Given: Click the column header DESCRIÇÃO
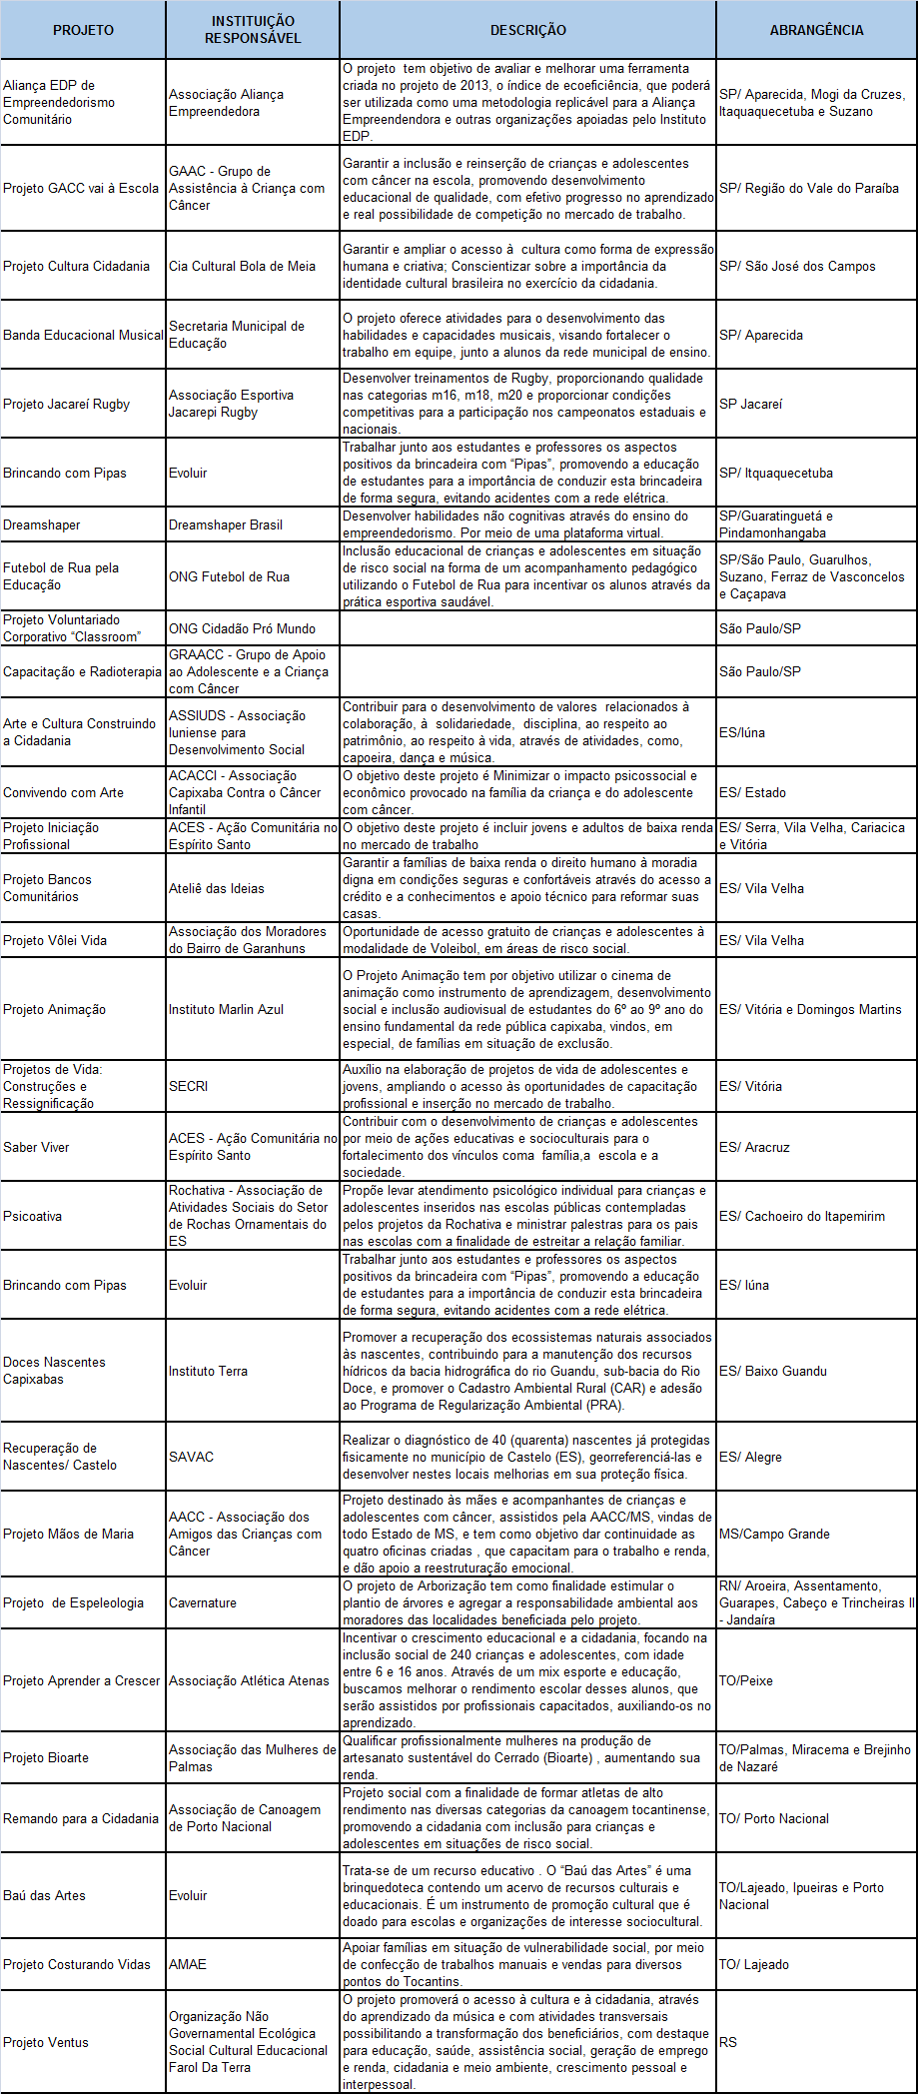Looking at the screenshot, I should [527, 30].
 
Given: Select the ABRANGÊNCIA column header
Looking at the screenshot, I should [816, 30].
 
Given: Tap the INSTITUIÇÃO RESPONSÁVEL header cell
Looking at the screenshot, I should [253, 30].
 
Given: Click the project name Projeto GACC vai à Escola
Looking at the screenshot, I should [81, 188].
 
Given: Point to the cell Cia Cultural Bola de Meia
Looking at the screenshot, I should [242, 266].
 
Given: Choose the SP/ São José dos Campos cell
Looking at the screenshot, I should [797, 266].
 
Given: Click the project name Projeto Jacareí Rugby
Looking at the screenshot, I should [67, 404].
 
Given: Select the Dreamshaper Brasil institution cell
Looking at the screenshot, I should [226, 524].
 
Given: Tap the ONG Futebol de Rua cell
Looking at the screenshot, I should [229, 576].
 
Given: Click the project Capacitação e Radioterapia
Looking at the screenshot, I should [82, 671].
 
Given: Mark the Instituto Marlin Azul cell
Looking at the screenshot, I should [226, 1009].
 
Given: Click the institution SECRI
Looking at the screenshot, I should [188, 1086].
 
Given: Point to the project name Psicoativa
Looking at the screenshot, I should [33, 1216].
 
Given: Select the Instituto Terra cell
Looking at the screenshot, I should [208, 1371].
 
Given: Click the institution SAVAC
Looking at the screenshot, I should [191, 1457].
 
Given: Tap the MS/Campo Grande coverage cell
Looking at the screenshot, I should [774, 1534].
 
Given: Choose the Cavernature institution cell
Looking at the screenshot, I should [203, 1602].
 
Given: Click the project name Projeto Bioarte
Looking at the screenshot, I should [46, 1757].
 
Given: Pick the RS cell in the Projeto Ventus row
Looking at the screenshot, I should [728, 2042].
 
